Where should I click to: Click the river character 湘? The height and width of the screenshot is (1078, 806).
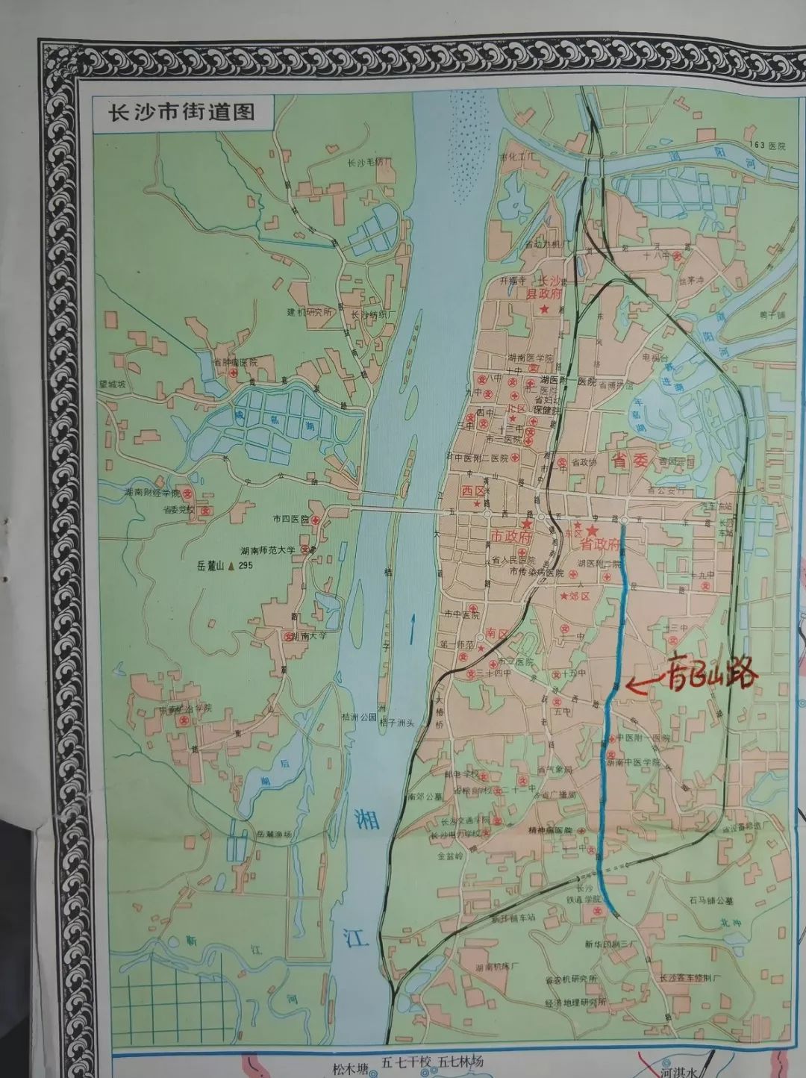[366, 818]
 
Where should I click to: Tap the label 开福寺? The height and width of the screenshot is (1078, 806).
[513, 281]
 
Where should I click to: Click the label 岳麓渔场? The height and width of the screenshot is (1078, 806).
[275, 834]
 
